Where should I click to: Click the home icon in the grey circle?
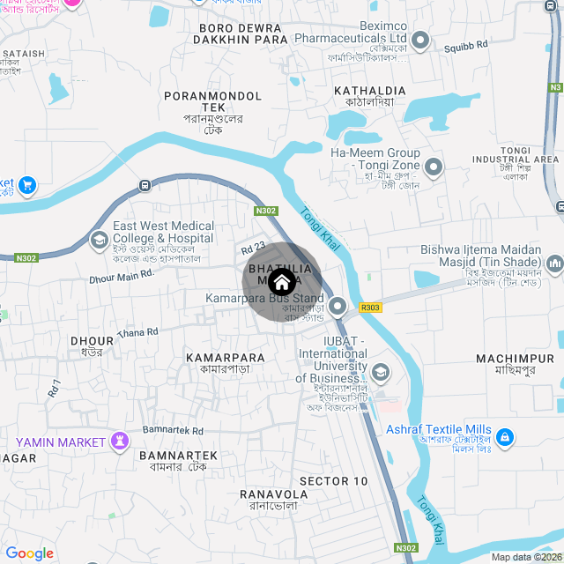pos(281,282)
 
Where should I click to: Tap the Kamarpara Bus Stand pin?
pos(338,306)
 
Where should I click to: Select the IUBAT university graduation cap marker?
pos(381,372)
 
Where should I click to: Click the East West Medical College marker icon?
pos(99,239)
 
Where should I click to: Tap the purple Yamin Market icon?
pos(121,440)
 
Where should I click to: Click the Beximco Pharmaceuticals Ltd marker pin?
pos(420,40)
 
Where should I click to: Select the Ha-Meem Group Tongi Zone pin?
pos(434,167)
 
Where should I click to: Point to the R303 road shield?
pos(370,308)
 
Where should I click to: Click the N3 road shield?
pos(555,87)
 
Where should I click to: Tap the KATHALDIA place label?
pos(369,91)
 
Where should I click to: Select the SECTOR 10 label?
pos(333,481)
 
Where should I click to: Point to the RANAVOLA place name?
pos(273,494)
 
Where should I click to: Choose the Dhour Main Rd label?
pos(122,276)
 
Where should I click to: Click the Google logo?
pos(29,553)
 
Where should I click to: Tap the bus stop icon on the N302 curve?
pos(145,186)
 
